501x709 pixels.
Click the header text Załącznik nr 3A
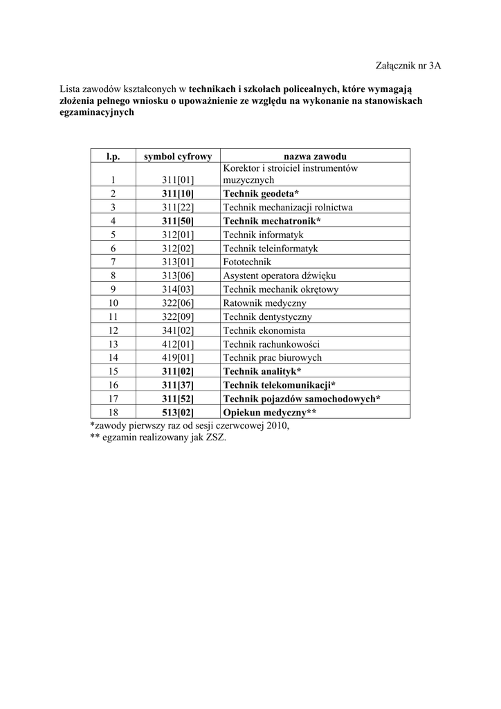pyautogui.click(x=407, y=66)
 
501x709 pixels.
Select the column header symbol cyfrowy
pyautogui.click(x=178, y=156)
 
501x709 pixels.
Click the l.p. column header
pyautogui.click(x=113, y=156)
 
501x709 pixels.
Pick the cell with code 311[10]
pyautogui.click(x=178, y=193)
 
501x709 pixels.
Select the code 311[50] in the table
pyautogui.click(x=178, y=221)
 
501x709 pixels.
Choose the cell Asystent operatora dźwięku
pyautogui.click(x=280, y=276)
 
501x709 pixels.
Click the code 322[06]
pyautogui.click(x=178, y=303)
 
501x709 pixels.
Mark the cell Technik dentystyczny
pyautogui.click(x=267, y=316)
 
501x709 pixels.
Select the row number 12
pyautogui.click(x=113, y=330)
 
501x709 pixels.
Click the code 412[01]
pyautogui.click(x=178, y=344)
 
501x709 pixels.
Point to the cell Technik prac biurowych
pyautogui.click(x=272, y=358)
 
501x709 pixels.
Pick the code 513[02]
pyautogui.click(x=178, y=413)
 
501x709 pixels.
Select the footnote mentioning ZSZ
pyautogui.click(x=158, y=438)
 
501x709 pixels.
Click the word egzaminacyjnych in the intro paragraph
pyautogui.click(x=97, y=112)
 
